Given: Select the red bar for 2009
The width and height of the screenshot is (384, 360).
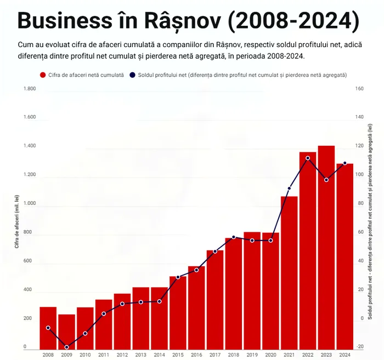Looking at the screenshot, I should pyautogui.click(x=66, y=332).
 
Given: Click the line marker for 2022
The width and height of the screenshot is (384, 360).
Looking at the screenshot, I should pyautogui.click(x=308, y=158).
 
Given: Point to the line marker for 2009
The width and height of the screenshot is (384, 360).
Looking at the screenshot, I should pyautogui.click(x=66, y=347).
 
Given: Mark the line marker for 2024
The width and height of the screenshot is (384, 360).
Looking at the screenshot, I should pyautogui.click(x=345, y=163).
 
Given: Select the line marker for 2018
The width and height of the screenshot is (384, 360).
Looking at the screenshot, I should pyautogui.click(x=234, y=237).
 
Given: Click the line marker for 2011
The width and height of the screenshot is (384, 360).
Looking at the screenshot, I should pyautogui.click(x=104, y=313).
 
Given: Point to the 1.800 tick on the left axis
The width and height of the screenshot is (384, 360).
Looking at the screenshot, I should pyautogui.click(x=29, y=88).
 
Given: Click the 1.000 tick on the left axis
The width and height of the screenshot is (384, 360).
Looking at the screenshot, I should pyautogui.click(x=29, y=203).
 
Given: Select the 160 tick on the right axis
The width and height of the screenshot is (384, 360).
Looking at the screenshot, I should pyautogui.click(x=359, y=88).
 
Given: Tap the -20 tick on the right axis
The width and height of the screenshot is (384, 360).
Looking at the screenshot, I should pyautogui.click(x=359, y=347).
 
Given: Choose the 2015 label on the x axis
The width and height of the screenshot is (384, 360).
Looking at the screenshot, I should pyautogui.click(x=178, y=355).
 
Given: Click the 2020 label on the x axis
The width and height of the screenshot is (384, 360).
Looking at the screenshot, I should pyautogui.click(x=270, y=355).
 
